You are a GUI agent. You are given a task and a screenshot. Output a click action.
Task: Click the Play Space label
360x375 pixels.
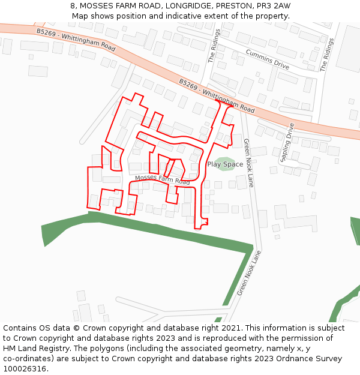225,164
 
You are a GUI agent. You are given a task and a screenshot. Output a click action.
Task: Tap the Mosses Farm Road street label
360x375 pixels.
162,179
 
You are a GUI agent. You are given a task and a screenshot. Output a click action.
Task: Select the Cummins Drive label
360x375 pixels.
267,58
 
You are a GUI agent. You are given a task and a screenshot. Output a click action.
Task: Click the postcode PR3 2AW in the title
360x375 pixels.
273,6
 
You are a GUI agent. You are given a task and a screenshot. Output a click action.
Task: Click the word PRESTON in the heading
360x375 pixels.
235,6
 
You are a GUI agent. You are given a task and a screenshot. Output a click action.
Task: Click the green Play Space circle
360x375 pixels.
226,163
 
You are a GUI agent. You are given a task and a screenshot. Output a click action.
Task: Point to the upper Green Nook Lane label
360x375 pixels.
248,163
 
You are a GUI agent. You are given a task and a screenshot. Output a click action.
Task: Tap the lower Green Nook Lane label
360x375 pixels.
250,273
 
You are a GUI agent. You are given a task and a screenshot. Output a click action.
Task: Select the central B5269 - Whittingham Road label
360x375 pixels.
217,95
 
